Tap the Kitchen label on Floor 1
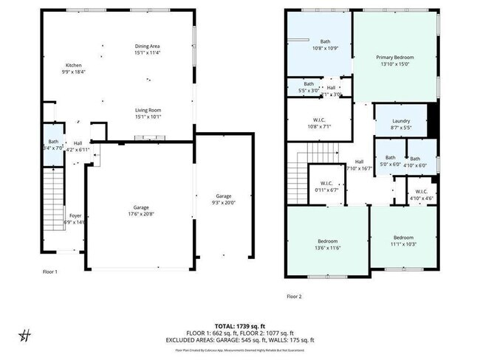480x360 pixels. (x=74, y=65)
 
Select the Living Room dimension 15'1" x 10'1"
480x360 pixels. (x=148, y=117)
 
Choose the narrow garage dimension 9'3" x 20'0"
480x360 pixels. (x=224, y=203)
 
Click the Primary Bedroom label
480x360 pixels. (x=394, y=57)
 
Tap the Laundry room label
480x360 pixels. (x=401, y=121)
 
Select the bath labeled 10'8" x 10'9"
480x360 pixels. (x=325, y=49)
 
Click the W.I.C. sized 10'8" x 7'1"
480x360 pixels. (x=320, y=126)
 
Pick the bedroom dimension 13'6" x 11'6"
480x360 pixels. (x=328, y=249)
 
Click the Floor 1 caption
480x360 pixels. (x=50, y=271)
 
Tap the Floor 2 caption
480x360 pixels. (x=294, y=297)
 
